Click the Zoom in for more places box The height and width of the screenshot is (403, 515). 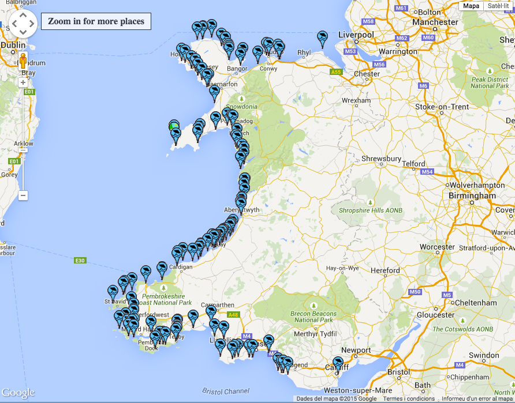tap(96, 21)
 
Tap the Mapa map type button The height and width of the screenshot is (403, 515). tap(471, 6)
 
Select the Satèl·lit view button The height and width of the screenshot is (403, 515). tap(498, 6)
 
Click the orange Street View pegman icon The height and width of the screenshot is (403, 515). tap(23, 61)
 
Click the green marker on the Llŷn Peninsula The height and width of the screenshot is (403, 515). tap(174, 126)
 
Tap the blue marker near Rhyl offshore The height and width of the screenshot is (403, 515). tap(322, 38)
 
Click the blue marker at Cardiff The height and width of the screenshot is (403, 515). tap(338, 364)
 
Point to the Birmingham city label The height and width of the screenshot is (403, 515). tap(472, 195)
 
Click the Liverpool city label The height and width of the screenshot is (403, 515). tap(356, 35)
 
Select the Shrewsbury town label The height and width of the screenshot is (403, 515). tap(381, 159)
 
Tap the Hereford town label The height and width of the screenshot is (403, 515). tap(385, 270)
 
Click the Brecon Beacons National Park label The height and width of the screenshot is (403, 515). tap(314, 317)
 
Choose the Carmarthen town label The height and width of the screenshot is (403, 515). tap(218, 305)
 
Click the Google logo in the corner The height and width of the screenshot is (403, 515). tap(18, 393)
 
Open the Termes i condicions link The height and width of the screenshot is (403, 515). tap(401, 399)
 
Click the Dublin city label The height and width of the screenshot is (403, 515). tap(13, 45)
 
